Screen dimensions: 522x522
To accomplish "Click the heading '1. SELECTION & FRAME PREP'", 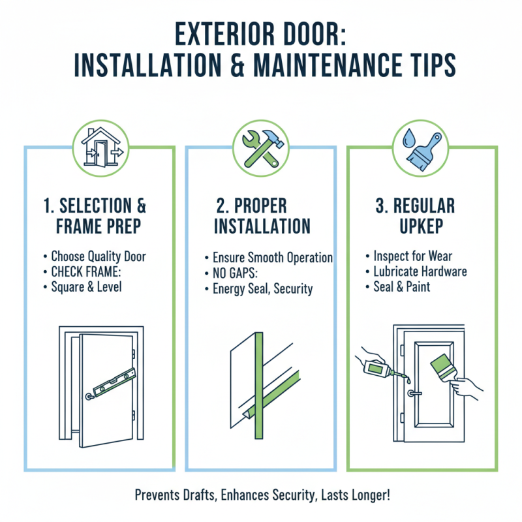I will click(95, 217).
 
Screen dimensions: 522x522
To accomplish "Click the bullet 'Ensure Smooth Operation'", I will click(272, 257).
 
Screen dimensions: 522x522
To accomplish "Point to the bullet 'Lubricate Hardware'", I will click(420, 271).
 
